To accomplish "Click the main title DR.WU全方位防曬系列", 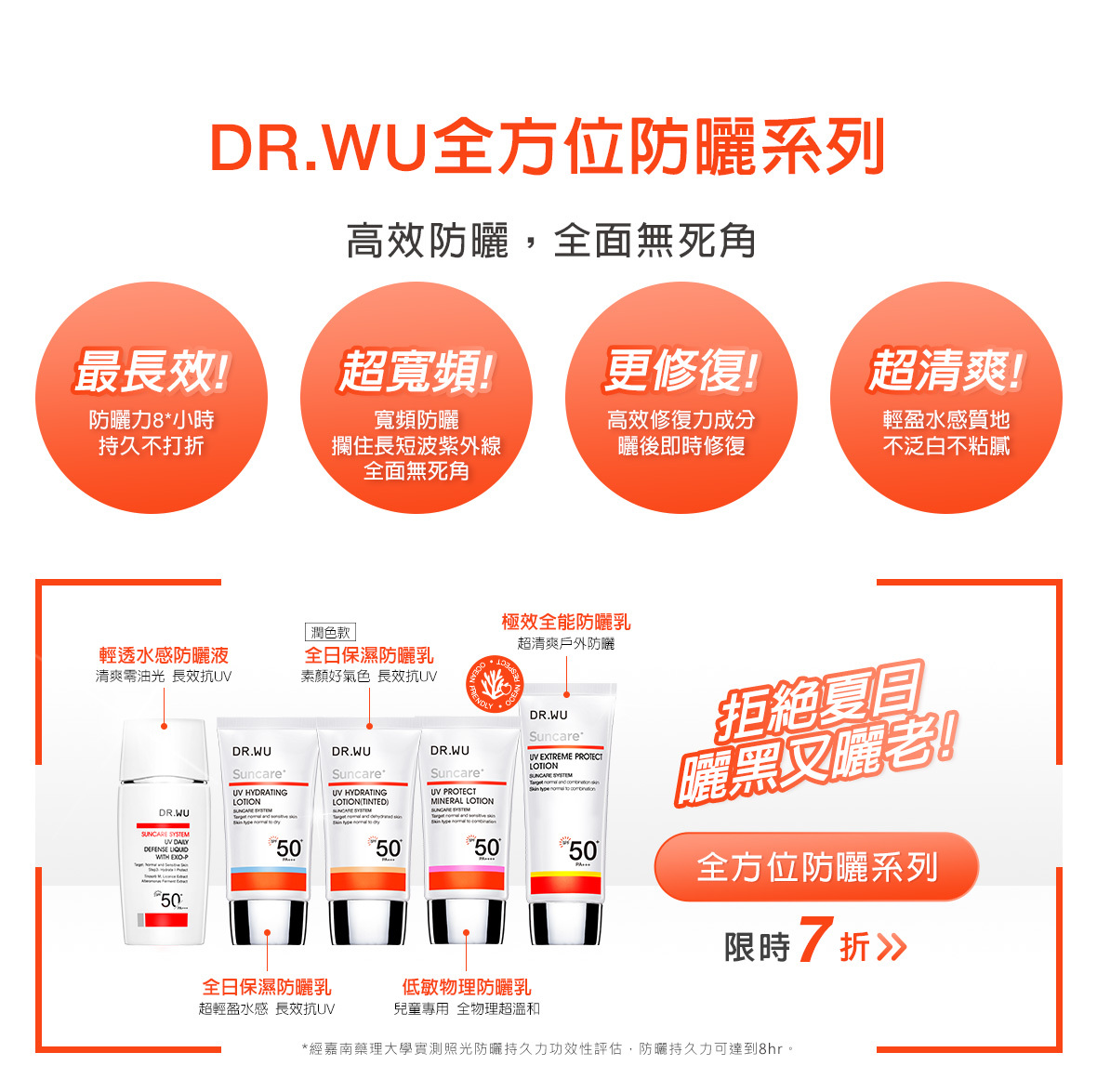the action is tap(548, 147).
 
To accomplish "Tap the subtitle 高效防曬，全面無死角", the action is tap(550, 242).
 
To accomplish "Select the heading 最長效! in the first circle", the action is tap(152, 371).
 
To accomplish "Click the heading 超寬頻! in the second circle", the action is tap(416, 371).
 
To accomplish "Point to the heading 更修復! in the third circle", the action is tap(681, 371).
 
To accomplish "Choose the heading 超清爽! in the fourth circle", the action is tap(945, 371).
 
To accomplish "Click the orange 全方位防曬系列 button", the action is tap(816, 867).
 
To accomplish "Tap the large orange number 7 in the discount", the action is tap(813, 941).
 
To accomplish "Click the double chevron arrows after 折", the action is tap(891, 948).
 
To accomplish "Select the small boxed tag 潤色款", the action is tap(330, 633).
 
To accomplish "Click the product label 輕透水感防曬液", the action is tap(164, 655).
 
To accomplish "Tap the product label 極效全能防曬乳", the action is tap(566, 622).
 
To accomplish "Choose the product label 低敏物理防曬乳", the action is tap(467, 987).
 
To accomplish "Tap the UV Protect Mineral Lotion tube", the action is tap(466, 827).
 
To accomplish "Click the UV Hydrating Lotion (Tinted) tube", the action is tap(367, 827).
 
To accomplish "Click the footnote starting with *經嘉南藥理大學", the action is tap(548, 1048).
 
